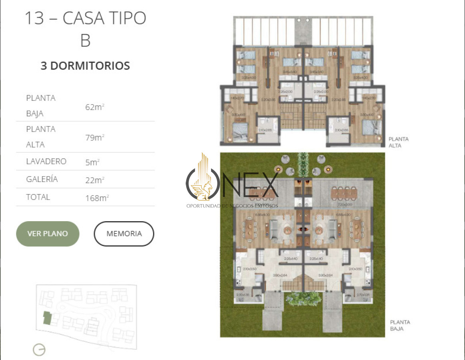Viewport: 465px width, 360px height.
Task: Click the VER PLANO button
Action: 48,234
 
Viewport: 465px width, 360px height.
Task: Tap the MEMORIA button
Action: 124,234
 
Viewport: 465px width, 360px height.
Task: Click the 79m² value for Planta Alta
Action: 95,138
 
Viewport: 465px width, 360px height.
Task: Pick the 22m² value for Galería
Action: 95,180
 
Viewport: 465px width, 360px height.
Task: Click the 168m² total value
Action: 97,198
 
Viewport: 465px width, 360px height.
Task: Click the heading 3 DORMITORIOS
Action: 85,66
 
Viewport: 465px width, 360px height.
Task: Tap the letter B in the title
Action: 85,41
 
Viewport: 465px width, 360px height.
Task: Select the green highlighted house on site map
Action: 47,318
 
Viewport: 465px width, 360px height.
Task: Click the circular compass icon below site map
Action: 39,350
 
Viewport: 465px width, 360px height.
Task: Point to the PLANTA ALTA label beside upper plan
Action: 398,142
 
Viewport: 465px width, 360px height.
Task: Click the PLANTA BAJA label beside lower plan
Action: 400,325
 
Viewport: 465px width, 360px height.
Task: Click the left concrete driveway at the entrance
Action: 273,316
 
